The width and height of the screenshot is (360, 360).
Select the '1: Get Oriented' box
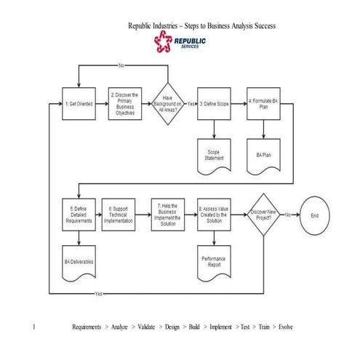click(78, 104)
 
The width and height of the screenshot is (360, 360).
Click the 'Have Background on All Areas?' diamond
click(168, 104)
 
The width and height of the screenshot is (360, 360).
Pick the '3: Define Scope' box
click(214, 104)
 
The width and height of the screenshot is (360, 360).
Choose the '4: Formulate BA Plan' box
click(263, 104)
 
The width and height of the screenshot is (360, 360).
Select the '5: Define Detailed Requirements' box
click(77, 212)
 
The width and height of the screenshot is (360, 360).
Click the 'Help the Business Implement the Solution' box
click(168, 212)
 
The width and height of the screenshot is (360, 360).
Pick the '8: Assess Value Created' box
click(214, 212)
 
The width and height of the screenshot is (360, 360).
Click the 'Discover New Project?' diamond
click(263, 213)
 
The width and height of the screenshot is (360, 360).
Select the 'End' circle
click(315, 215)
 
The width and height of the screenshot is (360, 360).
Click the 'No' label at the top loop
click(121, 65)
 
